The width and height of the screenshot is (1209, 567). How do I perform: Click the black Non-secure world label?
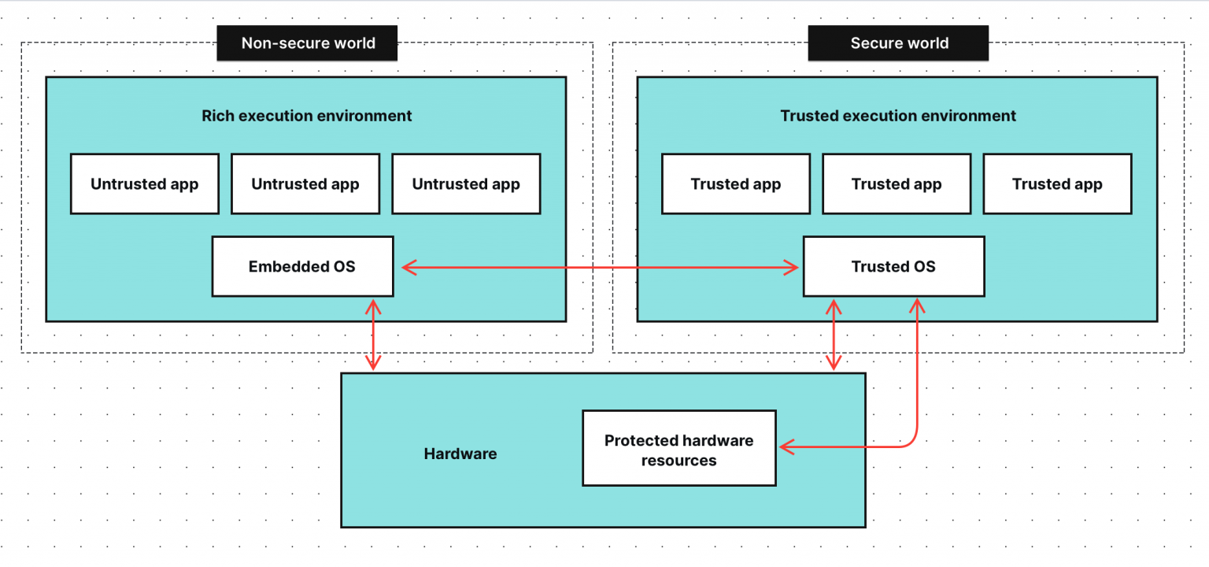(307, 43)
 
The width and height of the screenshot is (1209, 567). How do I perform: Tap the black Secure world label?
(898, 43)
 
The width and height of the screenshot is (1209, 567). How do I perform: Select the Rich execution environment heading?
(306, 116)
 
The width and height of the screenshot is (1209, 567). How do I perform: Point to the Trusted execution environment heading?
(897, 116)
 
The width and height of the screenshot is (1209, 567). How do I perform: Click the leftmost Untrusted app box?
(144, 184)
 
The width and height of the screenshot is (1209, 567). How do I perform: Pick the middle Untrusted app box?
(305, 184)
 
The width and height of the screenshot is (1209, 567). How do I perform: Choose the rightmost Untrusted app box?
(466, 184)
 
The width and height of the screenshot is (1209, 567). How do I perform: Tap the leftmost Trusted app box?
(735, 184)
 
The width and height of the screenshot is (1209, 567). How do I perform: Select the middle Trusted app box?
(896, 184)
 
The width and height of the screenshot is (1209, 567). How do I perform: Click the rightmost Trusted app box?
(1057, 184)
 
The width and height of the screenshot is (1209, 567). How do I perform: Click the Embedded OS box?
(302, 267)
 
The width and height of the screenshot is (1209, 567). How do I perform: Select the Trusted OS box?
(893, 267)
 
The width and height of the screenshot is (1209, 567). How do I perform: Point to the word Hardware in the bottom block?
(460, 454)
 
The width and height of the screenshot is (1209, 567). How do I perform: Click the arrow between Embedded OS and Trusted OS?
(598, 268)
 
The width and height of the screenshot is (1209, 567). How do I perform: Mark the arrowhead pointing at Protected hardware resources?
(786, 447)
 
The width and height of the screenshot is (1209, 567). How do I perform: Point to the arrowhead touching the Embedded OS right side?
(408, 268)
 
